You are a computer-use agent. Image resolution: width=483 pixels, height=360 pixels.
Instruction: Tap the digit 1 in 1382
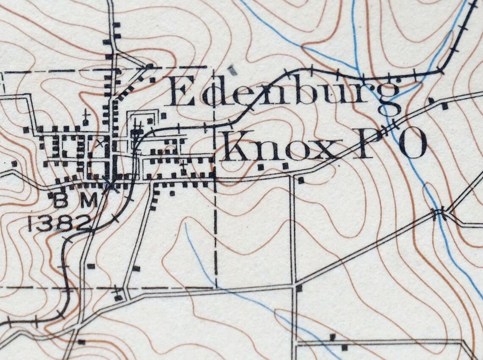click(x=31, y=223)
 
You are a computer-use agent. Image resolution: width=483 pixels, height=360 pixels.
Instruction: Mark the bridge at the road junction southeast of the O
click(x=439, y=211)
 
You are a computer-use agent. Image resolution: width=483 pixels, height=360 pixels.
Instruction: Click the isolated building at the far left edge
click(x=14, y=163)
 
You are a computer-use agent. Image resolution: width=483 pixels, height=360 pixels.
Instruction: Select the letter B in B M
click(x=61, y=202)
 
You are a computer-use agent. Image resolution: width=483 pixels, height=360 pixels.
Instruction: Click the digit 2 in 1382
click(x=84, y=223)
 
